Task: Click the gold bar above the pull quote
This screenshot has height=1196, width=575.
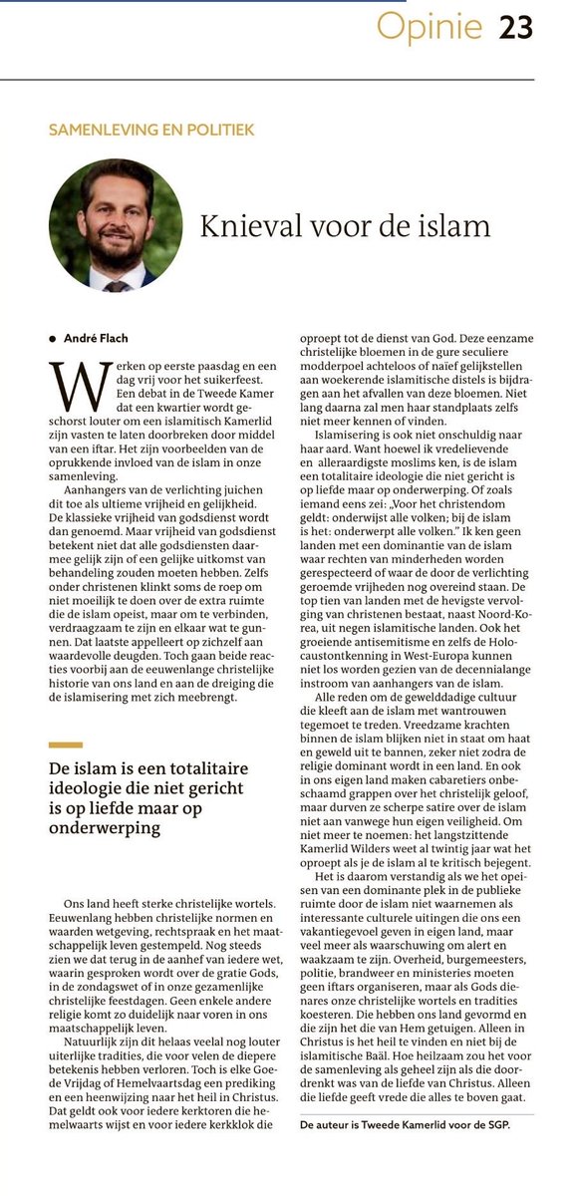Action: pyautogui.click(x=66, y=745)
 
